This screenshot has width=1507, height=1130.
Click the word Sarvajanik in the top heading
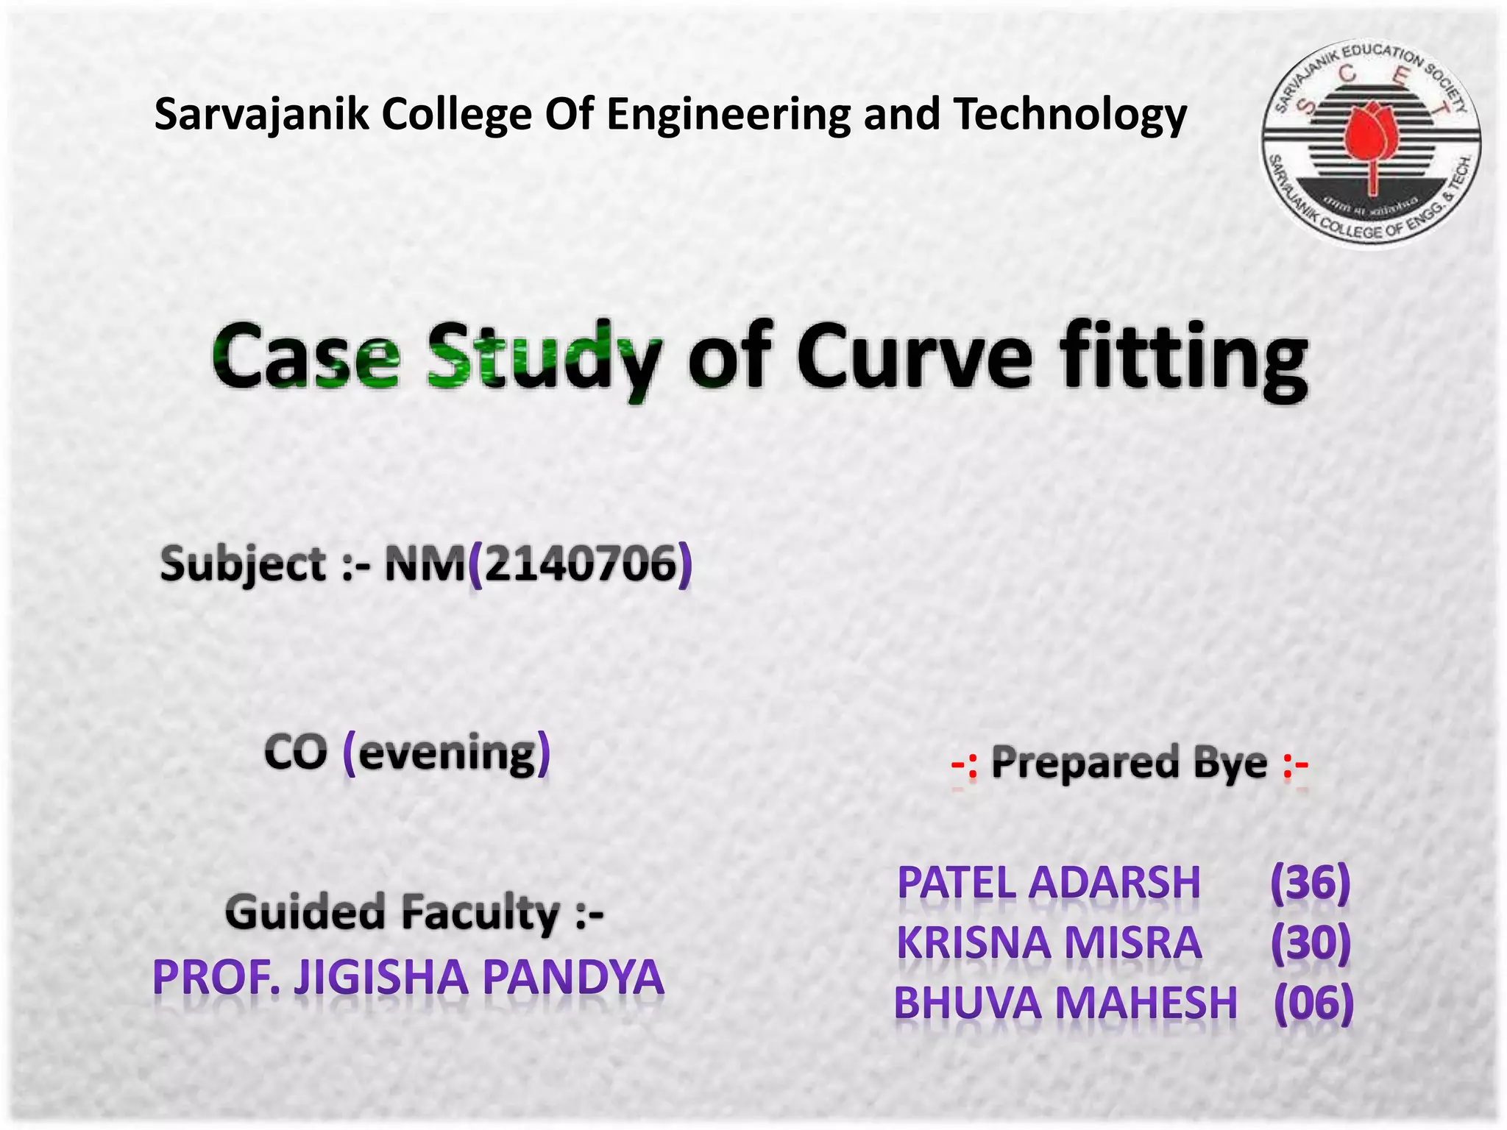(261, 115)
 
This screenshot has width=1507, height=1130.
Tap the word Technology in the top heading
(1070, 115)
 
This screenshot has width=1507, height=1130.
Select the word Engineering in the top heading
(728, 115)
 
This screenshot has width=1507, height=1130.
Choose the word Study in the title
(545, 358)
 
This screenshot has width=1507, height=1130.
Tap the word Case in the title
(306, 358)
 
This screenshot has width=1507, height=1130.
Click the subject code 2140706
(581, 564)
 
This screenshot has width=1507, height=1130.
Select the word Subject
(243, 564)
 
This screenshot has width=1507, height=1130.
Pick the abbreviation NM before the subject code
(425, 564)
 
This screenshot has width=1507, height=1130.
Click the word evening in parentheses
(447, 753)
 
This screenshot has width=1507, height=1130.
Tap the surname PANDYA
(573, 977)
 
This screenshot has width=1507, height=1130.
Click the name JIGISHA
(381, 977)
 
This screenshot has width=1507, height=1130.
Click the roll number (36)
(1311, 882)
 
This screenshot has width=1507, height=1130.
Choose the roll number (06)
(1313, 1002)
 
